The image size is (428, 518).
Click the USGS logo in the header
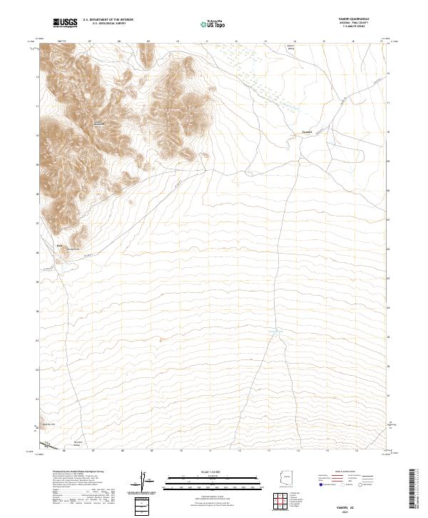pos(65,24)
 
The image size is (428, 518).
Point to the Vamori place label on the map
pos(307,131)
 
